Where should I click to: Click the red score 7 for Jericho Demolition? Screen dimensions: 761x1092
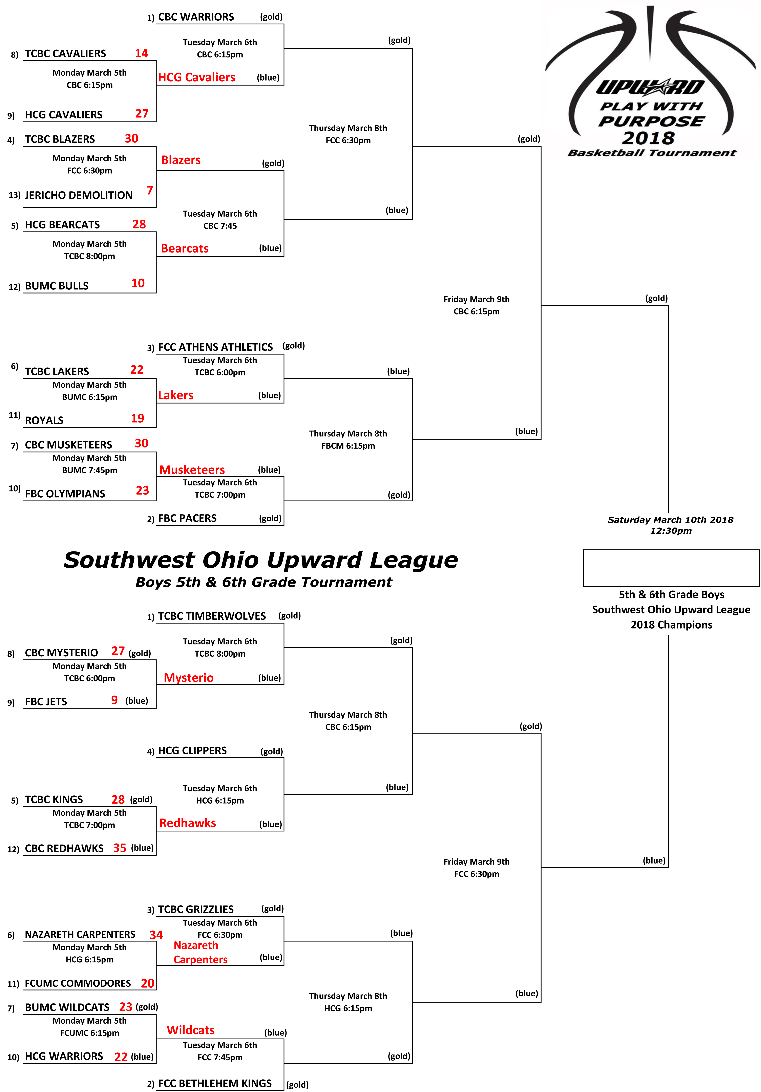point(150,190)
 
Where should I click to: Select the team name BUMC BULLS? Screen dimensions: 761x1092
point(57,286)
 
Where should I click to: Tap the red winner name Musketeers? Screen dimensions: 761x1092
point(192,470)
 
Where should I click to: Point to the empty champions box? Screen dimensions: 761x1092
point(671,568)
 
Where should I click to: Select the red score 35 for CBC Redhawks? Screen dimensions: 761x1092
point(120,848)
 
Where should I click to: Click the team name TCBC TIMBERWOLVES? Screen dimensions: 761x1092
point(212,616)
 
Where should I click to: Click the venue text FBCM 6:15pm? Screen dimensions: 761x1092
point(348,446)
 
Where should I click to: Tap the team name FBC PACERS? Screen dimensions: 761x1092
point(187,518)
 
